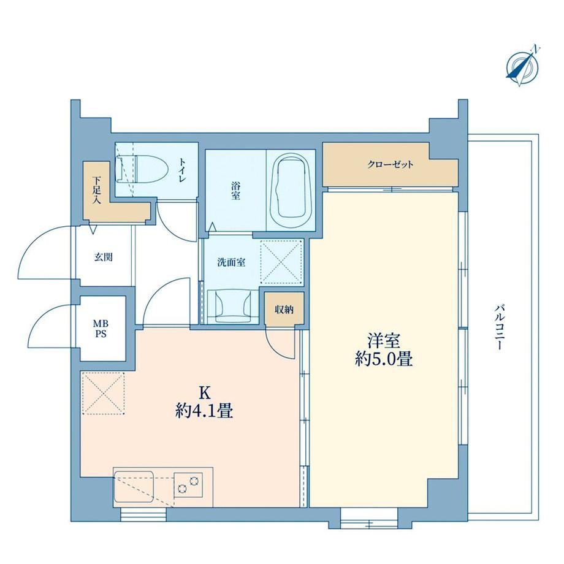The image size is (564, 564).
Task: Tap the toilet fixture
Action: pyautogui.click(x=142, y=169)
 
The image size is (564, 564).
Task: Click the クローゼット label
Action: pyautogui.click(x=391, y=165)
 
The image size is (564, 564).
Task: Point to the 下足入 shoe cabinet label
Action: pyautogui.click(x=96, y=190)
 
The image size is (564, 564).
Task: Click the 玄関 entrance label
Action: pyautogui.click(x=104, y=257)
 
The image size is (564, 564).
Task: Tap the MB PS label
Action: pyautogui.click(x=101, y=329)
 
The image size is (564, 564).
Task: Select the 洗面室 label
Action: pyautogui.click(x=231, y=262)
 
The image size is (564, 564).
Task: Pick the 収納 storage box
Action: pyautogui.click(x=284, y=310)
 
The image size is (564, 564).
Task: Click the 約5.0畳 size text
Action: pyautogui.click(x=383, y=359)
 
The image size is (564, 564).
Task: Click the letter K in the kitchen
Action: pyautogui.click(x=204, y=393)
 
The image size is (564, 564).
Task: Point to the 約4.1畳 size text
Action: pyautogui.click(x=204, y=411)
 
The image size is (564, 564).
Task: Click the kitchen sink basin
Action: pyautogui.click(x=134, y=486)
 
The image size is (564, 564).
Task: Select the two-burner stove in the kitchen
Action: pyautogui.click(x=188, y=484)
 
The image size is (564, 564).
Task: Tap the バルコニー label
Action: pyautogui.click(x=498, y=327)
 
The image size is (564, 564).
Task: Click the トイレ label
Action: pyautogui.click(x=181, y=170)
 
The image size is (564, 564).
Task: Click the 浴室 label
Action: pyautogui.click(x=235, y=191)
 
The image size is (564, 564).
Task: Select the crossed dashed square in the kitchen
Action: pyautogui.click(x=104, y=394)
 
